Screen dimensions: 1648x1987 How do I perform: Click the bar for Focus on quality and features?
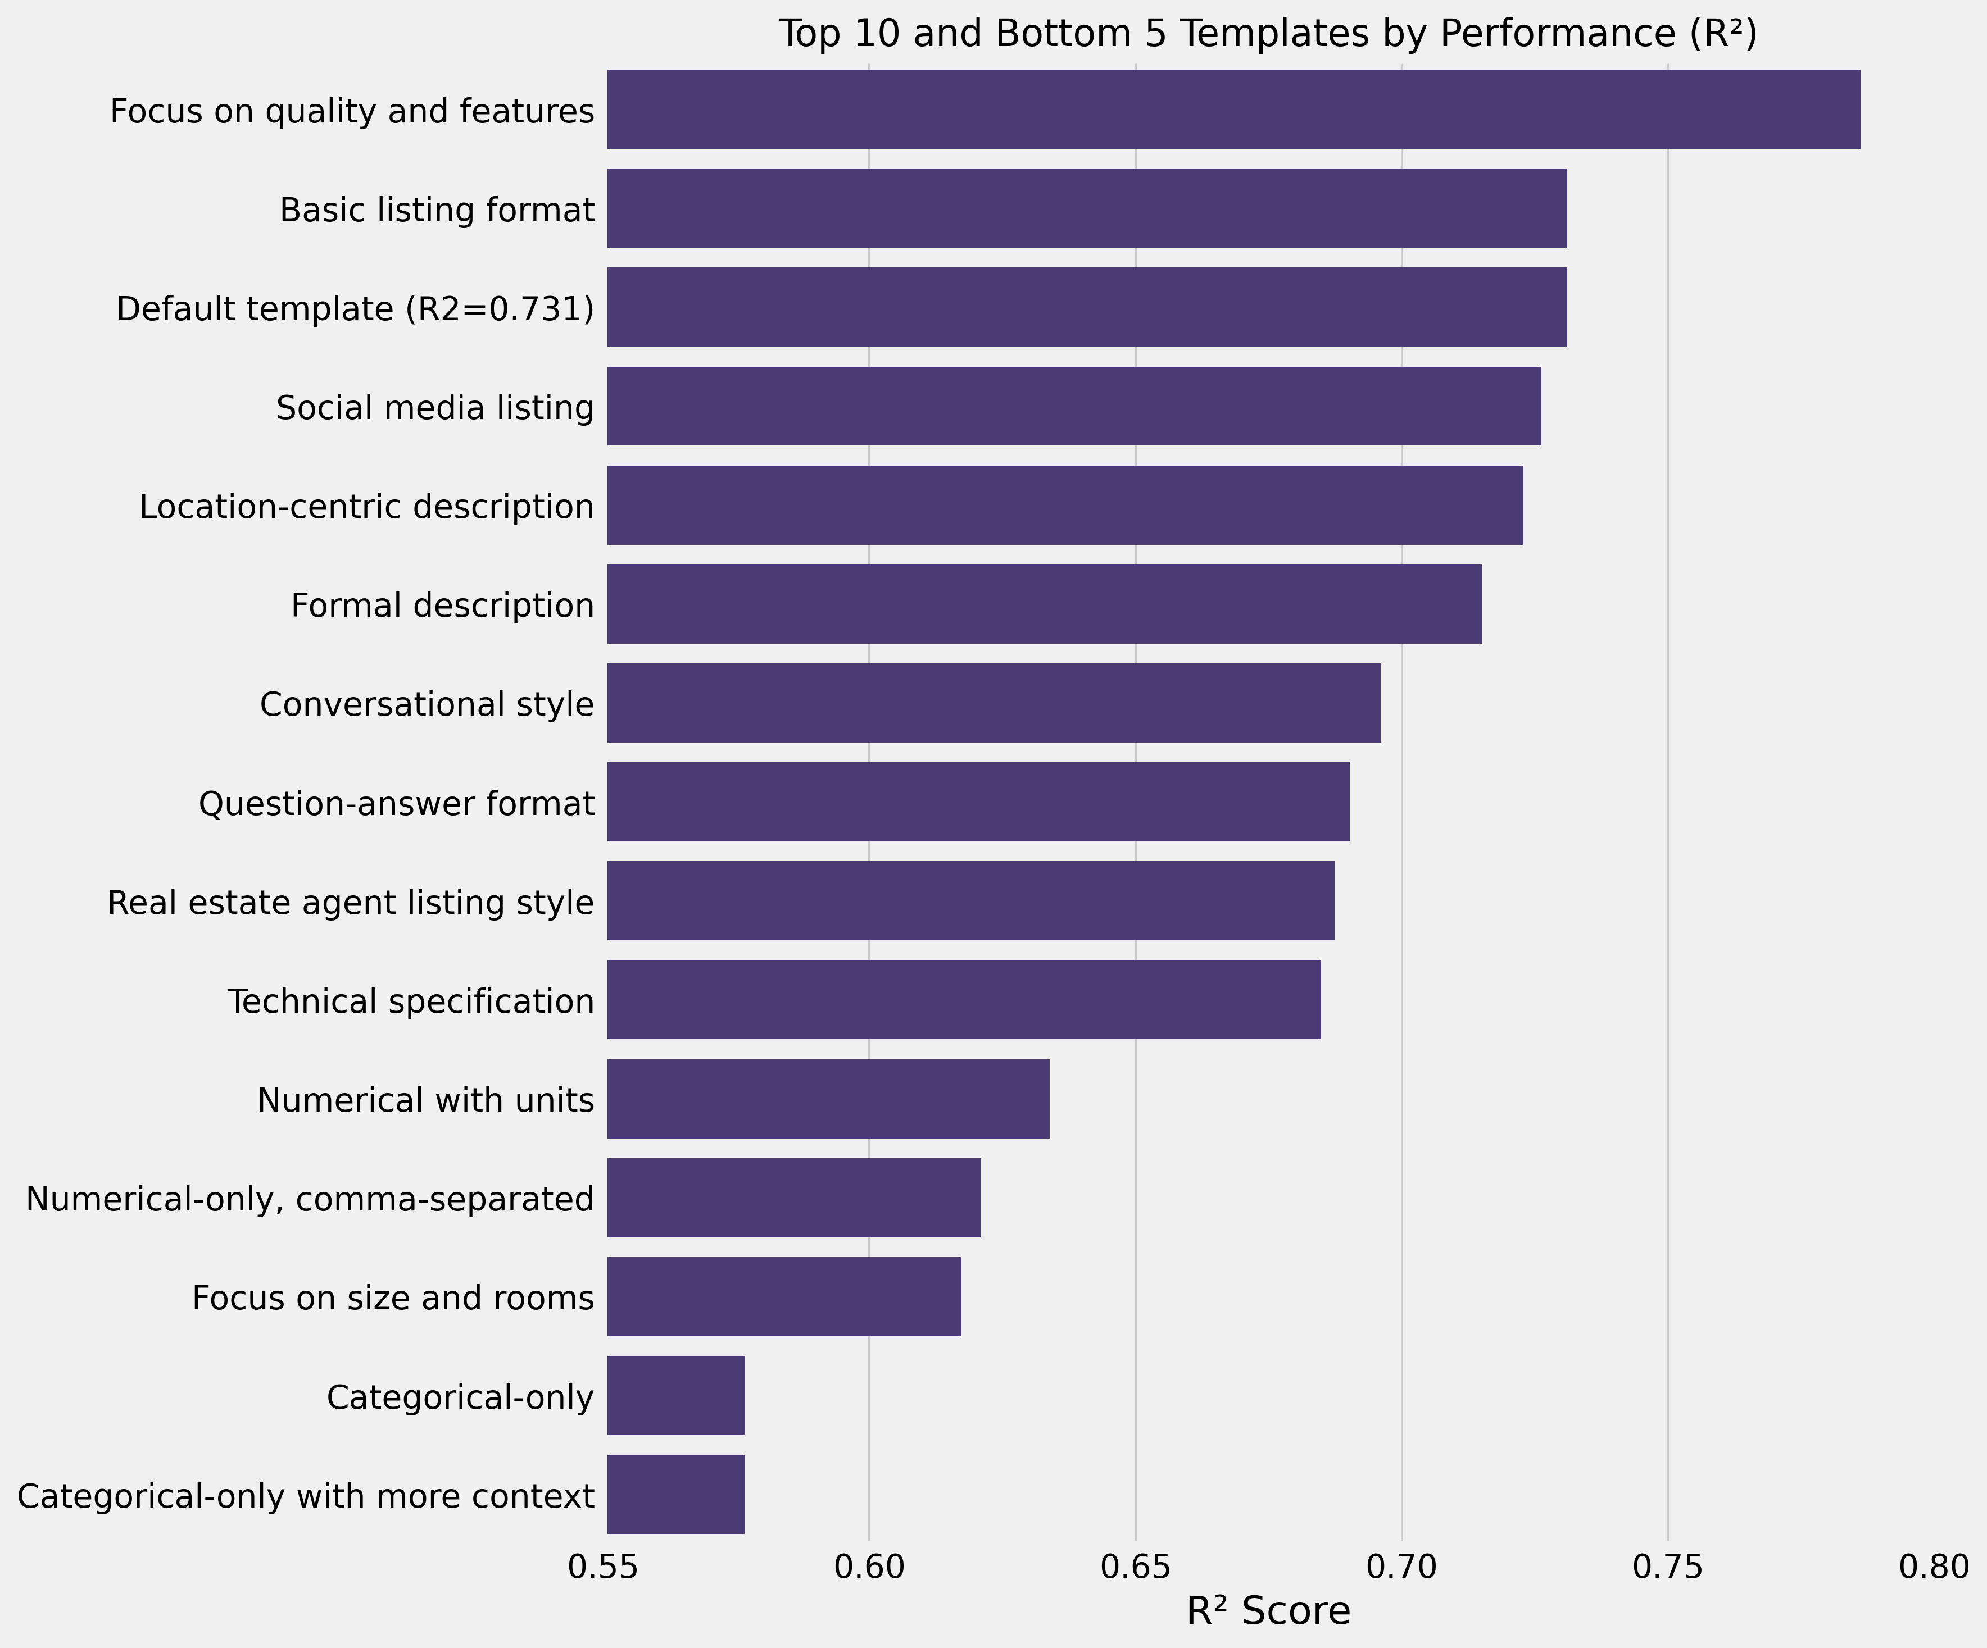1233,109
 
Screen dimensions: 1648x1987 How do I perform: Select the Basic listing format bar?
1086,208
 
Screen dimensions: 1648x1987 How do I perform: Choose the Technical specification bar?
963,999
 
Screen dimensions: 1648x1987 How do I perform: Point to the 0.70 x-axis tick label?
1401,1568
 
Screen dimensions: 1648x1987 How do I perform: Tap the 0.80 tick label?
1934,1568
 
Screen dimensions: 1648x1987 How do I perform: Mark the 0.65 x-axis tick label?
1136,1568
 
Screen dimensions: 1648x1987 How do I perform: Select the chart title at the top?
1268,34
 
